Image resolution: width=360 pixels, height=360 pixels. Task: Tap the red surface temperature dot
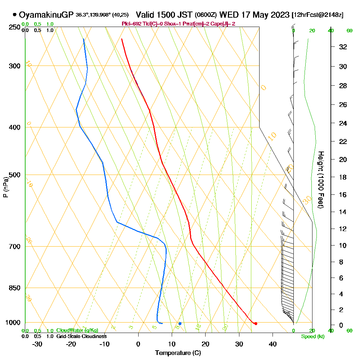coord(256,324)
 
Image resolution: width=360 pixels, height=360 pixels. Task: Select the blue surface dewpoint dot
coord(180,324)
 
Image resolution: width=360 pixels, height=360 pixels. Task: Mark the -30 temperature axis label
coord(37,344)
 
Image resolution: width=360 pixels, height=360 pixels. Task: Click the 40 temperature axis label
coord(273,344)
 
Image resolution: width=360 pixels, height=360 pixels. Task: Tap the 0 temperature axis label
coord(138,344)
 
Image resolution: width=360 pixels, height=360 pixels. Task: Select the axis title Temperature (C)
coord(178,353)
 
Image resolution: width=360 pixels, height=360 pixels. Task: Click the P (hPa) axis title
coord(5,187)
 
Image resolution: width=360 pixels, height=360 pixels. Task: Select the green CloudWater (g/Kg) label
coord(77,330)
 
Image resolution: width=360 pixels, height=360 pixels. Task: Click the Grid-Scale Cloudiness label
coord(81,336)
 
